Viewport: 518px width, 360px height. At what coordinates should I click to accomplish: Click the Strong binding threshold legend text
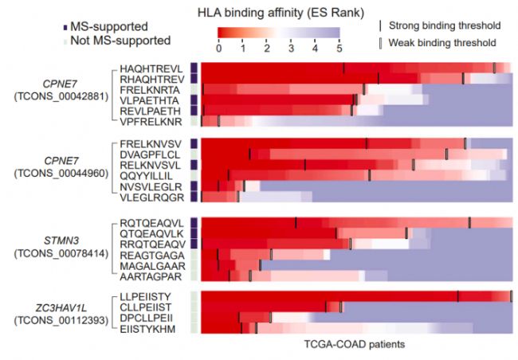(x=447, y=25)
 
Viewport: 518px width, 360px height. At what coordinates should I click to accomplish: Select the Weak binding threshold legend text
(x=445, y=42)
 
